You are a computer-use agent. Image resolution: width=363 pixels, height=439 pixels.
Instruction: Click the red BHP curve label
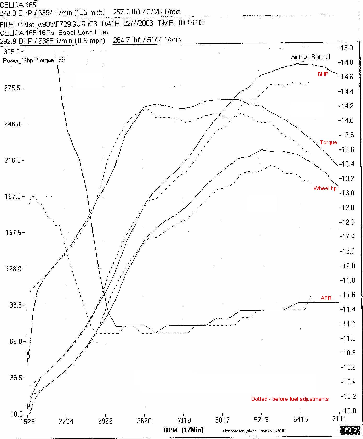pyautogui.click(x=323, y=74)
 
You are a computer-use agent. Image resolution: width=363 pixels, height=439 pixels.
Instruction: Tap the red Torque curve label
pyautogui.click(x=329, y=142)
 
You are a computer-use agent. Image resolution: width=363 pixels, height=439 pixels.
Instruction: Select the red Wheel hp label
pyautogui.click(x=325, y=188)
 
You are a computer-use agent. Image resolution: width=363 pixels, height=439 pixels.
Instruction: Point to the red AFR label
pyautogui.click(x=326, y=298)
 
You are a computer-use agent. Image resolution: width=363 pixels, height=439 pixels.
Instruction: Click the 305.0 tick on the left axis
pyautogui.click(x=12, y=52)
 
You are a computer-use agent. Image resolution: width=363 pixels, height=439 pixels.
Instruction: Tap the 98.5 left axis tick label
pyautogui.click(x=13, y=305)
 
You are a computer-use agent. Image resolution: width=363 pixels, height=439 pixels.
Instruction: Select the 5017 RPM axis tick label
pyautogui.click(x=222, y=420)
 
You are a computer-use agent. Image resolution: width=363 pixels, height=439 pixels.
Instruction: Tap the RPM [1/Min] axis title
pyautogui.click(x=183, y=430)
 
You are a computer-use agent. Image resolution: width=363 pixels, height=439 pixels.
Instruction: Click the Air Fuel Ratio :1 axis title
pyautogui.click(x=310, y=57)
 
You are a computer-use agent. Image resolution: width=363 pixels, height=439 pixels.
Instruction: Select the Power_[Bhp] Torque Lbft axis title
pyautogui.click(x=34, y=60)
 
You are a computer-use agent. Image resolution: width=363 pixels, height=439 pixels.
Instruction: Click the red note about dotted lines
pyautogui.click(x=290, y=399)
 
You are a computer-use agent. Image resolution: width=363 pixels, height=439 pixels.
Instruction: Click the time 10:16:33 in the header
pyautogui.click(x=190, y=23)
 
